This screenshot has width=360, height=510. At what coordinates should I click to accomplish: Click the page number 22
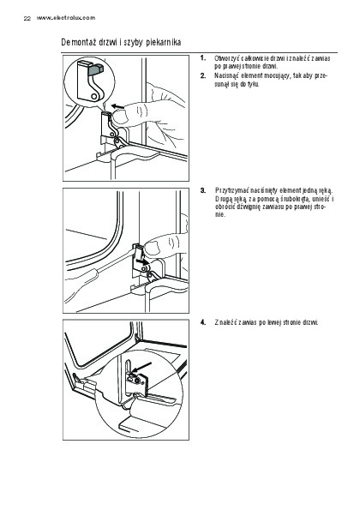(27, 19)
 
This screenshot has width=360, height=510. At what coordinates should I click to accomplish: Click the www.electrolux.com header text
(66, 18)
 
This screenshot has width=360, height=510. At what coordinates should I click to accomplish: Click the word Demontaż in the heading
(78, 42)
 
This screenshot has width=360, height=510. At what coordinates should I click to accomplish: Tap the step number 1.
(203, 58)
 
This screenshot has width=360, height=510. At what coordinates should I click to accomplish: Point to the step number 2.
(203, 75)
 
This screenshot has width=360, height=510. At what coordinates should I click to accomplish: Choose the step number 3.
(203, 190)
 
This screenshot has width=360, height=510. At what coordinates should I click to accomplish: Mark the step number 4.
(203, 322)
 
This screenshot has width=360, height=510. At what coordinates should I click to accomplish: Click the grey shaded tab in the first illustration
(97, 69)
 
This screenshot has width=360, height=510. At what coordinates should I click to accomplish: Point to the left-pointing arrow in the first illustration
(117, 105)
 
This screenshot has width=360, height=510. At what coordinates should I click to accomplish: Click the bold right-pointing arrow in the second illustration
(141, 261)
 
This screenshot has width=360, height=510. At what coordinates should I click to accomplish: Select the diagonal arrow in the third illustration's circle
(141, 367)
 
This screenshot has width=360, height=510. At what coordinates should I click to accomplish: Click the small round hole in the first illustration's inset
(93, 97)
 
